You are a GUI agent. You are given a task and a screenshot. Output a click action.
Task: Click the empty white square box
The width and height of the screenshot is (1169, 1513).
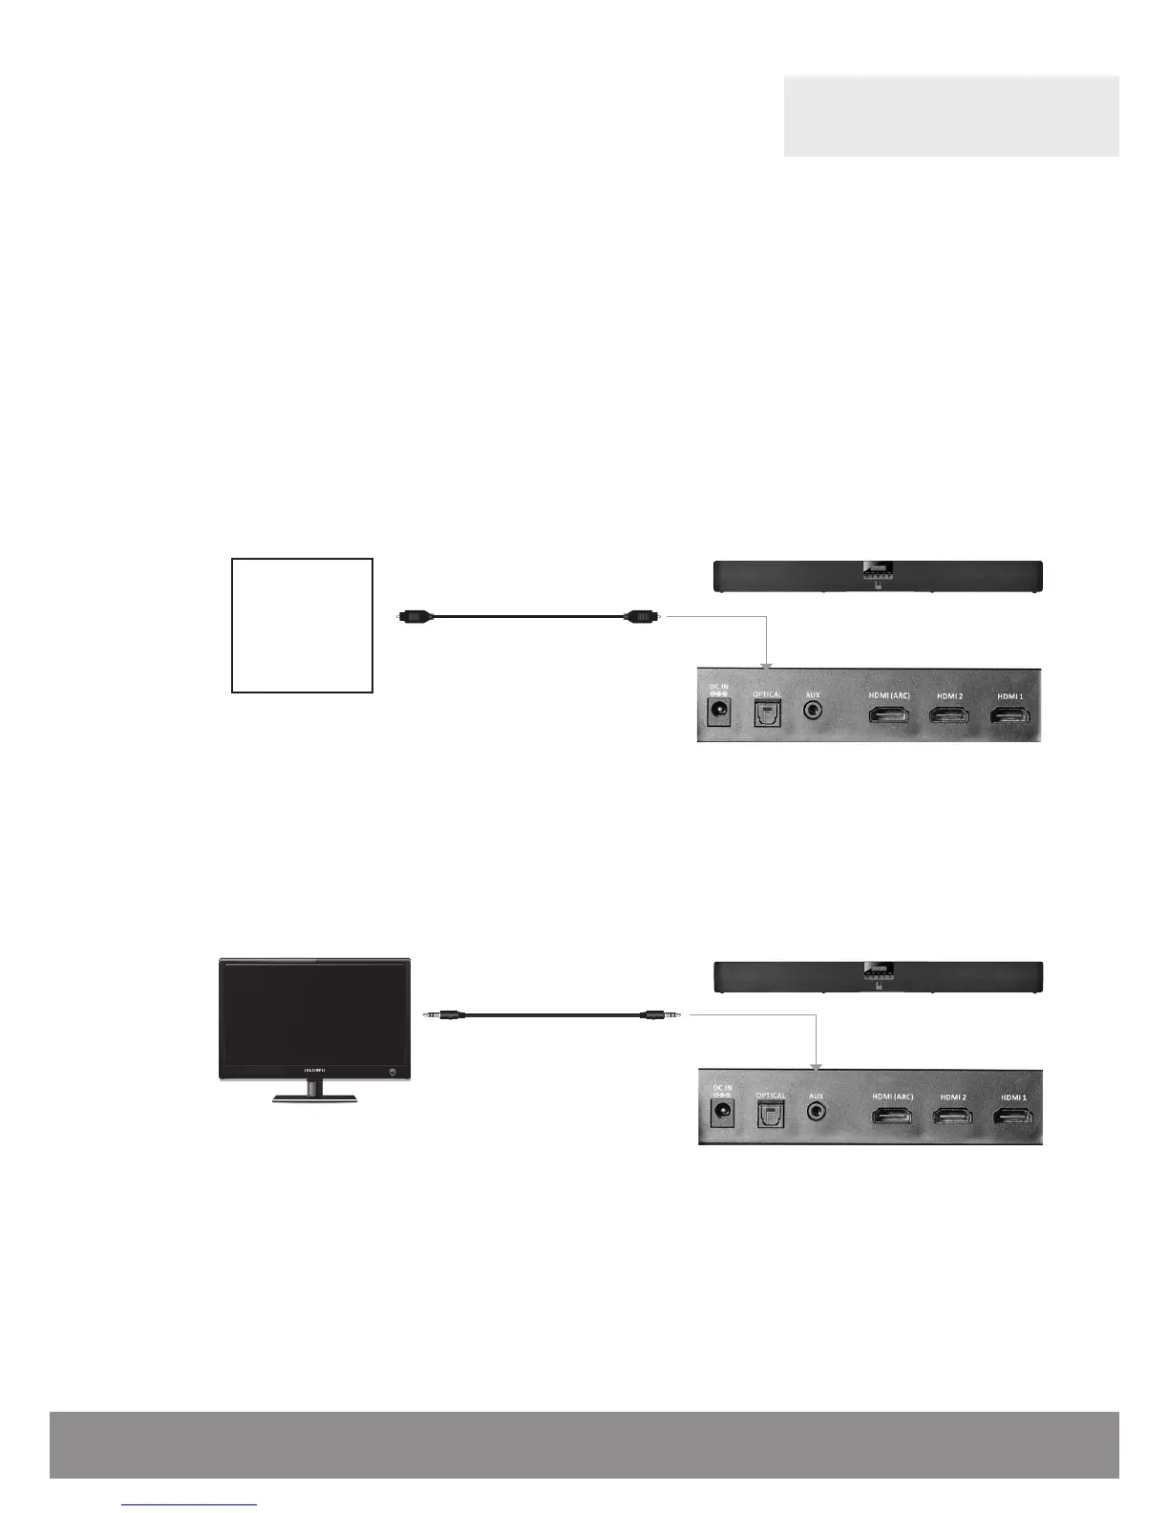coord(302,625)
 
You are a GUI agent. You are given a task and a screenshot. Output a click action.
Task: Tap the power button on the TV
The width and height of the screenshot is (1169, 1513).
coord(393,1073)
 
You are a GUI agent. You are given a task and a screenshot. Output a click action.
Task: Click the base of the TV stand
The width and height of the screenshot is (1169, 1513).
coord(314,1099)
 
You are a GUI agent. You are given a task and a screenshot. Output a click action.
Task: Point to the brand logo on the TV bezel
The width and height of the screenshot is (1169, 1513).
coord(314,1070)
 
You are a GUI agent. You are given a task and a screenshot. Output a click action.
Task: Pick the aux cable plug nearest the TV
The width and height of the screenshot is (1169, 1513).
coord(447,1015)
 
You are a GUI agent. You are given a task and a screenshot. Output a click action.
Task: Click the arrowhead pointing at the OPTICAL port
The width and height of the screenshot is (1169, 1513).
coord(765,663)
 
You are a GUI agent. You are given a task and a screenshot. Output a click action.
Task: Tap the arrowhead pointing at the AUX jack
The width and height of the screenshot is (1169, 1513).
coord(817,1064)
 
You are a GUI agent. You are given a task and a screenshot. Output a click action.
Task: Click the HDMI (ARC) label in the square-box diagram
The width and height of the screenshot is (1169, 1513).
coord(889,695)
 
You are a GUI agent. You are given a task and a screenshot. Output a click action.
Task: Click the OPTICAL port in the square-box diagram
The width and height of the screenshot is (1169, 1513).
coord(768,714)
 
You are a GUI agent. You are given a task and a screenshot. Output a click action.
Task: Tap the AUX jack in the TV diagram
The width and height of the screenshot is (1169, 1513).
coord(816,1112)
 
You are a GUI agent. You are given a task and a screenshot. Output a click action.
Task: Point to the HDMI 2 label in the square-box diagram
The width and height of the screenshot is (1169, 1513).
coord(949,695)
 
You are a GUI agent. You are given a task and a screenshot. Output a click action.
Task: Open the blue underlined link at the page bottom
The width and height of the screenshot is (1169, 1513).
coord(190,1504)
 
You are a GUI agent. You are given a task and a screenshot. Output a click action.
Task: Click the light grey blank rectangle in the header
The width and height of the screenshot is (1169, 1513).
coord(951,116)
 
